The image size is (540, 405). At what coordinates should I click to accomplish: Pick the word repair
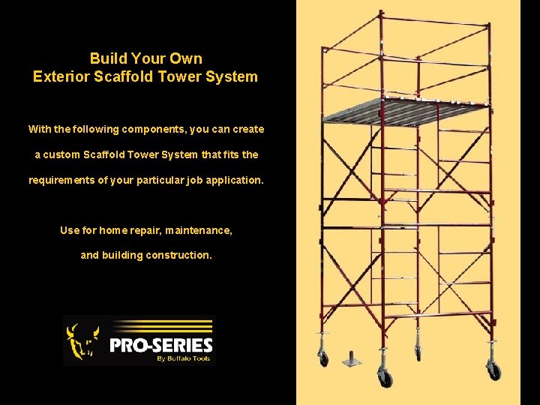pyautogui.click(x=142, y=230)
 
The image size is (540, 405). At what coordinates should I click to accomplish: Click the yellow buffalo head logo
pyautogui.click(x=82, y=341)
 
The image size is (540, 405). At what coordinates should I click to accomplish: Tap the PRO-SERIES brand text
pyautogui.click(x=161, y=346)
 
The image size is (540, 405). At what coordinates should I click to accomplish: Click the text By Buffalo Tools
pyautogui.click(x=183, y=358)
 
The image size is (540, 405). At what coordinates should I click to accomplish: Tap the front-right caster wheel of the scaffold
pyautogui.click(x=494, y=369)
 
